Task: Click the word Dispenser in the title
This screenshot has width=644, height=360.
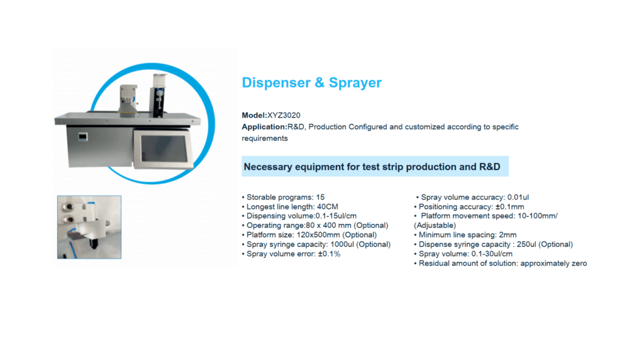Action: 277,82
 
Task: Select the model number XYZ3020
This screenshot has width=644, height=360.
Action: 284,115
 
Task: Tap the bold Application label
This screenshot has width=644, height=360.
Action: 265,127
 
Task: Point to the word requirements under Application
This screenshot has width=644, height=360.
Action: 265,138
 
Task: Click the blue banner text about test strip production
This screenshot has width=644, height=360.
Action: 372,167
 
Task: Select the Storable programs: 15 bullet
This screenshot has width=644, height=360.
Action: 284,197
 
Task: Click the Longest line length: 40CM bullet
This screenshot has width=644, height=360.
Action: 290,206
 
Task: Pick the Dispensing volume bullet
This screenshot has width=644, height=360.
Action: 299,216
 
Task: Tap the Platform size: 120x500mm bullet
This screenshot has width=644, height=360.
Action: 309,235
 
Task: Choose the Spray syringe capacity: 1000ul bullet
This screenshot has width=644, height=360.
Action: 316,245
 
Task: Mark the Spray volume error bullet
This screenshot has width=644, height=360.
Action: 291,254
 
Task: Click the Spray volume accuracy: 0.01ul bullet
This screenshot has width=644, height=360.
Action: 472,197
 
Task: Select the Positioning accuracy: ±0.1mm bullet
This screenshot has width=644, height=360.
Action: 469,206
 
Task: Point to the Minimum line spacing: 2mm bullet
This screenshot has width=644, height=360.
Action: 465,235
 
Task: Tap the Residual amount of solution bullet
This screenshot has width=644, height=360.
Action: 501,264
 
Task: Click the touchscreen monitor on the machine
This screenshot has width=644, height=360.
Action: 164,149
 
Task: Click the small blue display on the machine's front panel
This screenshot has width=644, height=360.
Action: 83,137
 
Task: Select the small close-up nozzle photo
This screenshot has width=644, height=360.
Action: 89,227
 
